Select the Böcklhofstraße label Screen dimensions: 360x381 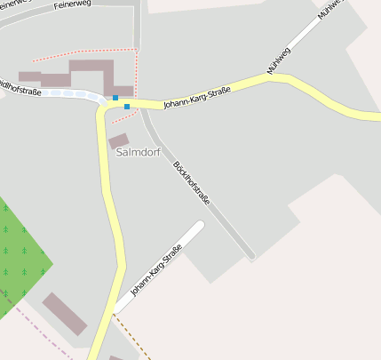(x=194, y=182)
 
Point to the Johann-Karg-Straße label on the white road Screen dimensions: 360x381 (x=155, y=269)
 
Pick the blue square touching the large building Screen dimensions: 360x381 (x=115, y=98)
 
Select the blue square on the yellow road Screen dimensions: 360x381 (x=127, y=107)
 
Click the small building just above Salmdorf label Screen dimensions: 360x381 (x=118, y=140)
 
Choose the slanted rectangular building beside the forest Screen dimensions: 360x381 (x=65, y=313)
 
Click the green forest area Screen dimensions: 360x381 (x=20, y=249)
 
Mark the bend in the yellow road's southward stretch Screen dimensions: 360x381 (x=118, y=264)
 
